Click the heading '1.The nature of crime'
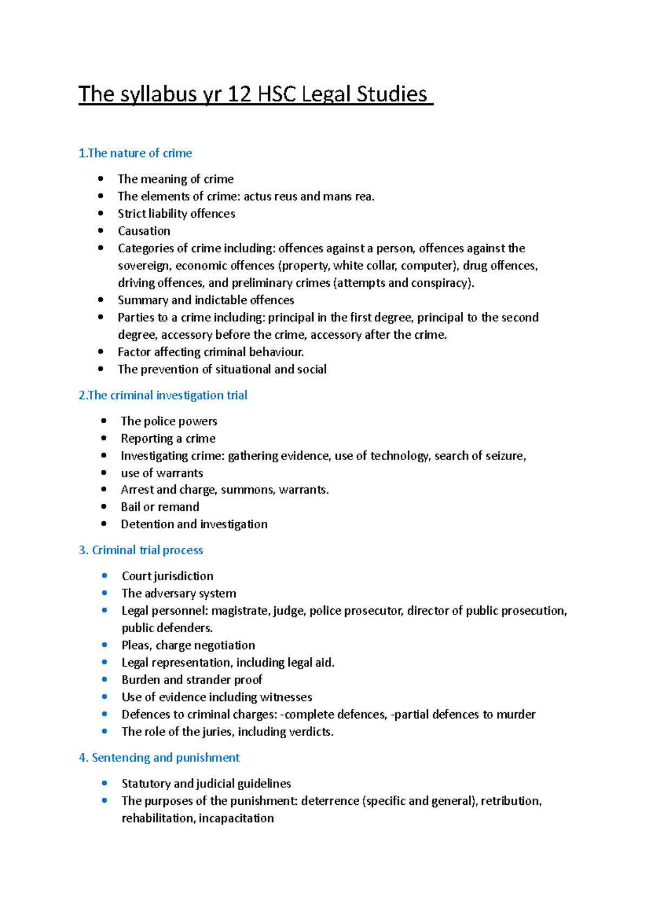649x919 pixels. coord(135,153)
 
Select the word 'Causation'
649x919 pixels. coord(144,231)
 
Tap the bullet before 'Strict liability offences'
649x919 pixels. coord(101,213)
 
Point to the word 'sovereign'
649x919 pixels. coord(143,266)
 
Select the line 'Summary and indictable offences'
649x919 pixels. coord(206,300)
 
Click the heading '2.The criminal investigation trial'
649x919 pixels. coord(163,395)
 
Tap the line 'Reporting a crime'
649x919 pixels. coord(168,438)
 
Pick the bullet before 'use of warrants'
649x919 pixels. coord(104,472)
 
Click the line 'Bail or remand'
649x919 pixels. coord(160,507)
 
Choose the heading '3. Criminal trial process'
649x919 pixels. coord(141,550)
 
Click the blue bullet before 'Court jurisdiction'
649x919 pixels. coord(104,575)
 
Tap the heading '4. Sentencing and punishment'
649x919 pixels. coord(159,758)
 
